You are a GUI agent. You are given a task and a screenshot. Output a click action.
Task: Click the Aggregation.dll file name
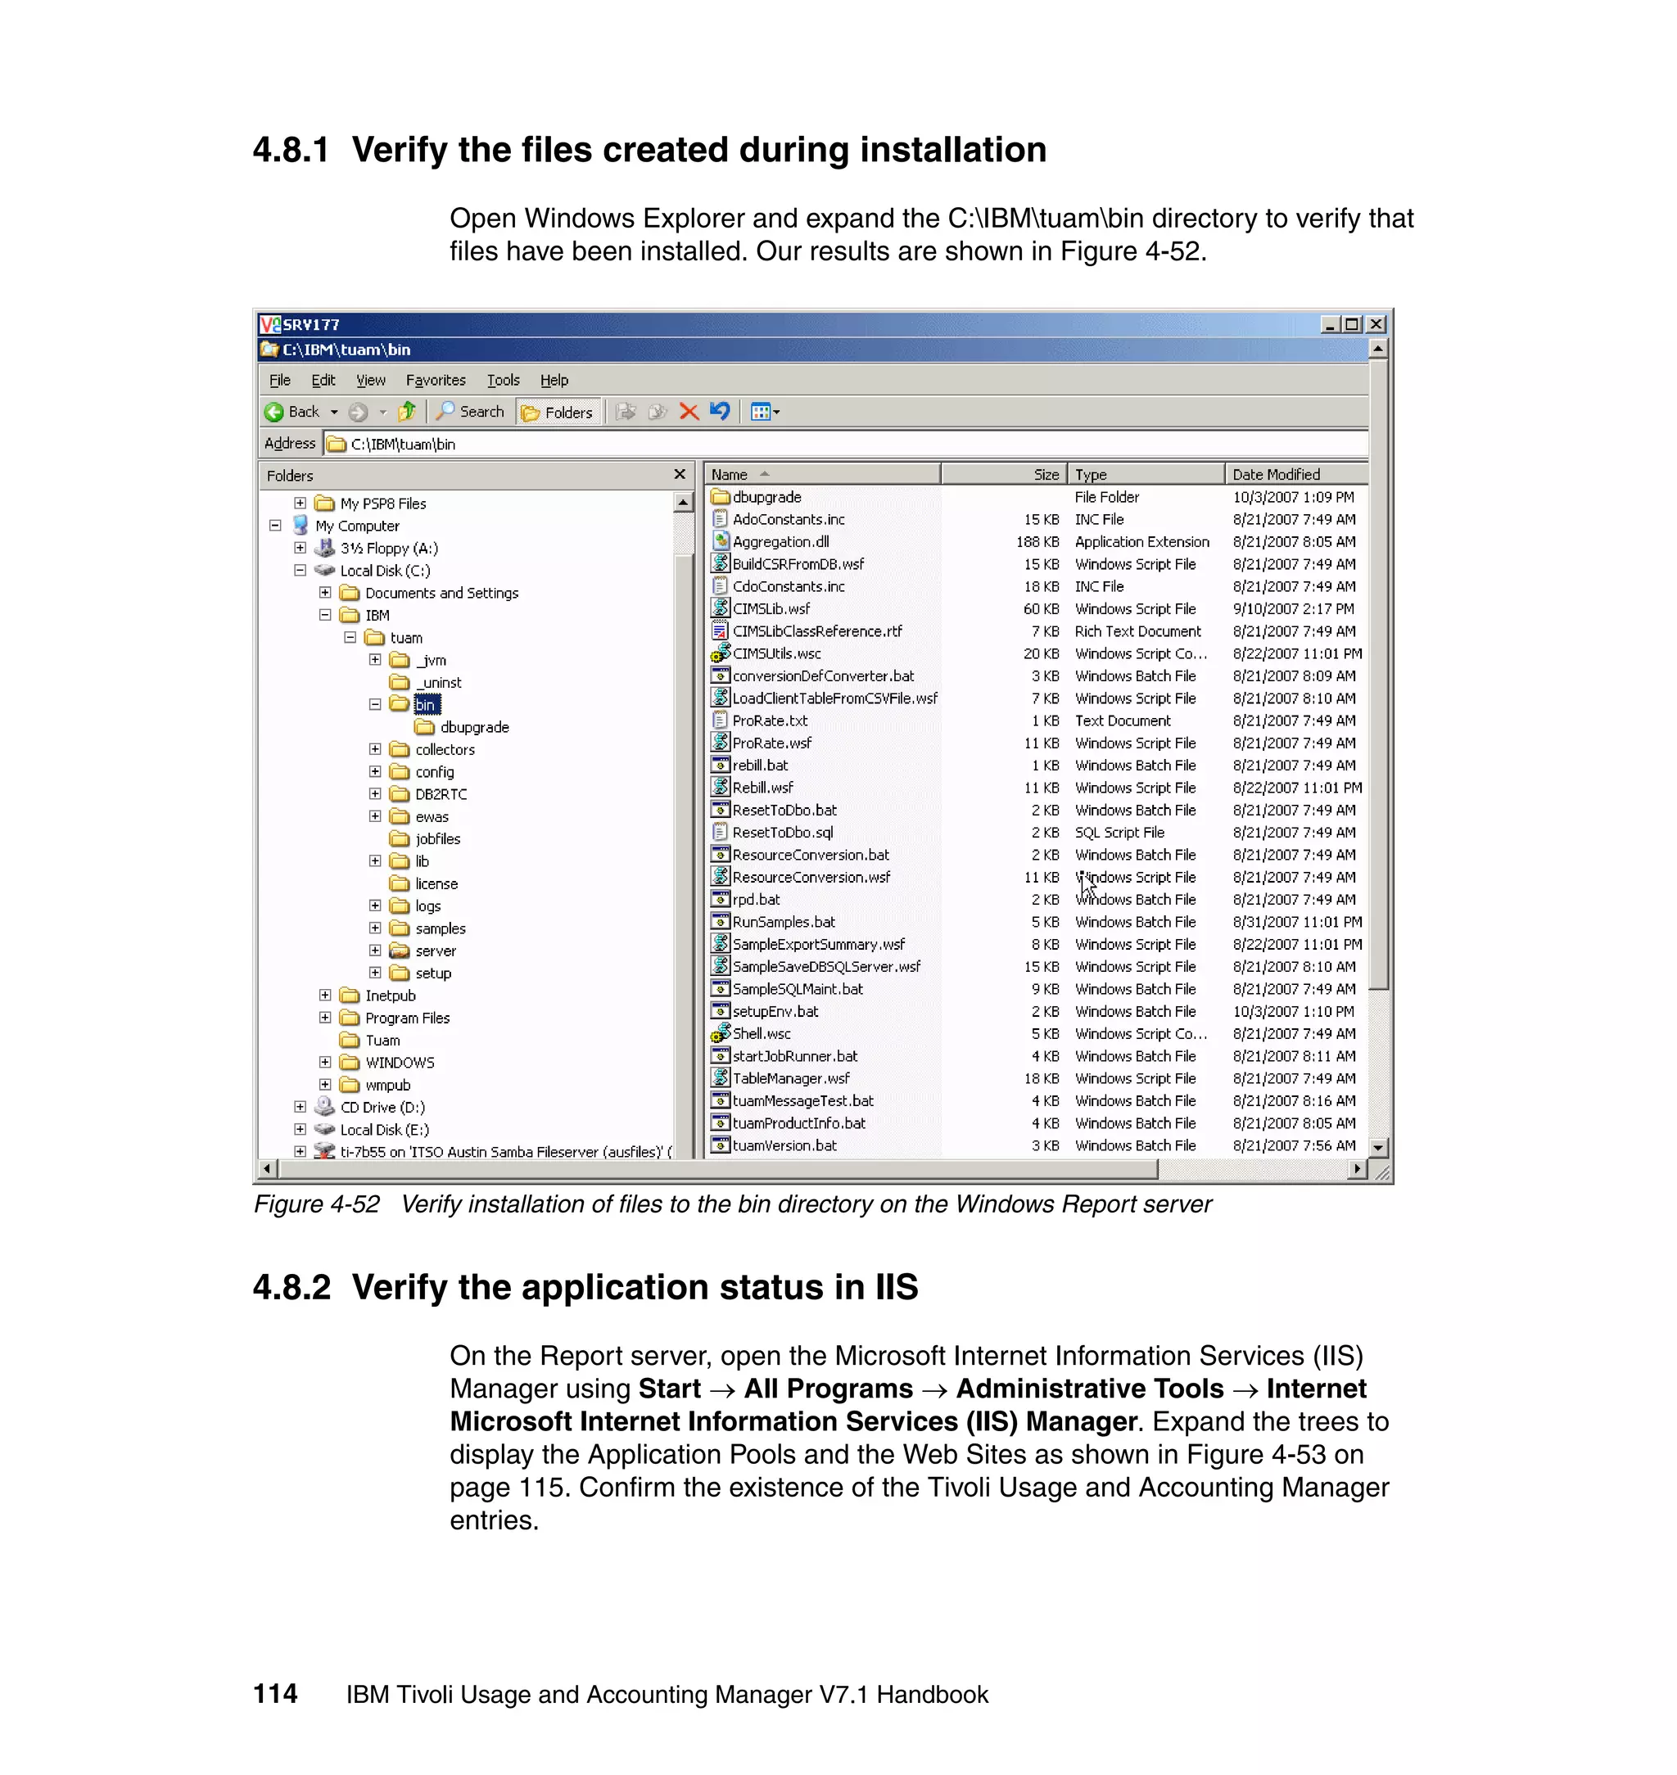coord(780,542)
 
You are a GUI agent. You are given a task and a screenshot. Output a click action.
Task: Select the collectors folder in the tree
coord(445,750)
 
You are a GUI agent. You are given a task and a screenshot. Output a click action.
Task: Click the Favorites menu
coord(436,380)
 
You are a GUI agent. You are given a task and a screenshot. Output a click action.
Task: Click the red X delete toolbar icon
coord(689,412)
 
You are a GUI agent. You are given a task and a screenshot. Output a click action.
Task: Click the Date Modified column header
coord(1276,475)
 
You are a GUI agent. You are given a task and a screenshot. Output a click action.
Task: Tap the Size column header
coord(1045,475)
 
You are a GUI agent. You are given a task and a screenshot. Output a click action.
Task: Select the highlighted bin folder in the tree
coord(427,705)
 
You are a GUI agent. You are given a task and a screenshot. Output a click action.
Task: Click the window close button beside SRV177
coord(1376,324)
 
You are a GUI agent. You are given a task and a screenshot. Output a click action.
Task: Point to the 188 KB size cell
coord(1037,542)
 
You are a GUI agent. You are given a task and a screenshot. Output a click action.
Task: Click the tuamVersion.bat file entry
coord(784,1145)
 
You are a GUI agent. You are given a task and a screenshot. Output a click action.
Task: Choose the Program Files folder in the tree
coord(407,1018)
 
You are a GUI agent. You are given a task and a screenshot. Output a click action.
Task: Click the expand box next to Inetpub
coord(325,996)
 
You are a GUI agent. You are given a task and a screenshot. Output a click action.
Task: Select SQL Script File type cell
coord(1119,833)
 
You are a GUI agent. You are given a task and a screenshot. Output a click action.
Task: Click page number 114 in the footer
coord(275,1695)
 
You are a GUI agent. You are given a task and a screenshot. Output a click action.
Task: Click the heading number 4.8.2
coord(292,1288)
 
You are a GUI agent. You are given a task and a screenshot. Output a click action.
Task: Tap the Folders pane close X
coord(680,475)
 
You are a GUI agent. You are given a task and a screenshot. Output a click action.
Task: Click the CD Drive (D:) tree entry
coord(382,1108)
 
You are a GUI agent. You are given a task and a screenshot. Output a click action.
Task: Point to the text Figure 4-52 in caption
coord(316,1205)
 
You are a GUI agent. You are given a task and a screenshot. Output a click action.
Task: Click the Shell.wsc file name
coord(761,1034)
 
